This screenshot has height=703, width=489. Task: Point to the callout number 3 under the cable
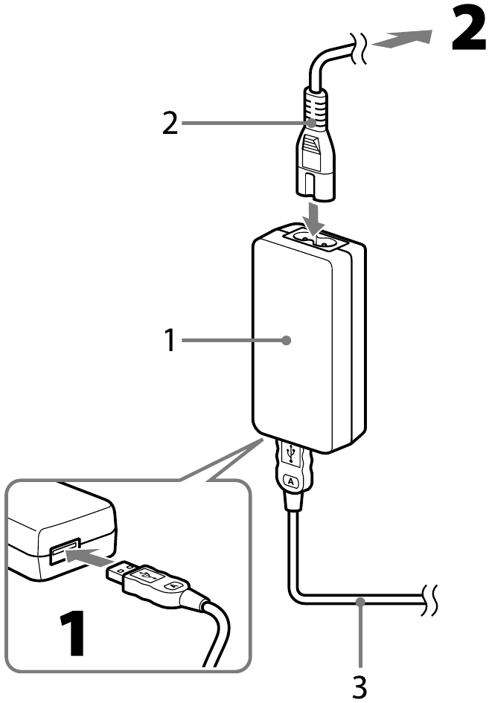coord(359,685)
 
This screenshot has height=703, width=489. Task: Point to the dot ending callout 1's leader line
coord(287,341)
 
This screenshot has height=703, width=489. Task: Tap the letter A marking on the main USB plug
coord(291,481)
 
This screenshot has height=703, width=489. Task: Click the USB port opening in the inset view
coord(62,553)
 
